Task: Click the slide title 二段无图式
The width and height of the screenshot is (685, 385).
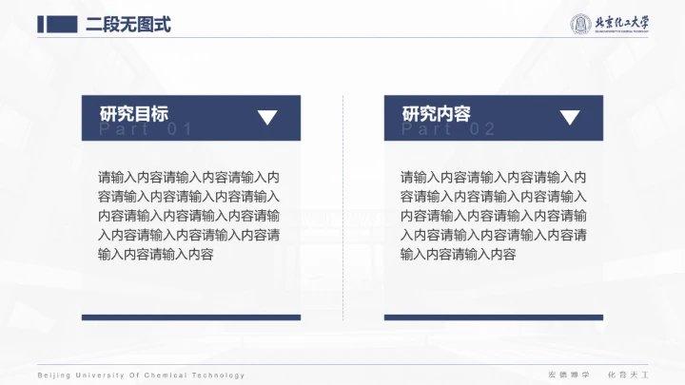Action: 128,25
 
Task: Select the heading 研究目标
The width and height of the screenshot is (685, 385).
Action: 134,114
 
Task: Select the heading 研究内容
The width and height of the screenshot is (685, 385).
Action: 437,114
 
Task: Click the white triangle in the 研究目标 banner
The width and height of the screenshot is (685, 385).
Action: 267,118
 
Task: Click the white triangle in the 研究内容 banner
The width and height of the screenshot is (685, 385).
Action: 570,118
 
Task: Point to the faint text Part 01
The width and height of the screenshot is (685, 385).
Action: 147,130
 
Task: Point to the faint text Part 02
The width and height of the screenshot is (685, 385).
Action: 449,130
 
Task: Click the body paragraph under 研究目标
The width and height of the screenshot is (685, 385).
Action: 189,216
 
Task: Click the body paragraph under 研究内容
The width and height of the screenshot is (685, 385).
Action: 493,216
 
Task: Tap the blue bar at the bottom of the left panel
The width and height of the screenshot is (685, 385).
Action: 191,318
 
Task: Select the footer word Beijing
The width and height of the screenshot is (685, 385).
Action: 52,375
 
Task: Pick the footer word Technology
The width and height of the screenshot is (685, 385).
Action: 220,375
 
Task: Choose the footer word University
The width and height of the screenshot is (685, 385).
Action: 99,375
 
